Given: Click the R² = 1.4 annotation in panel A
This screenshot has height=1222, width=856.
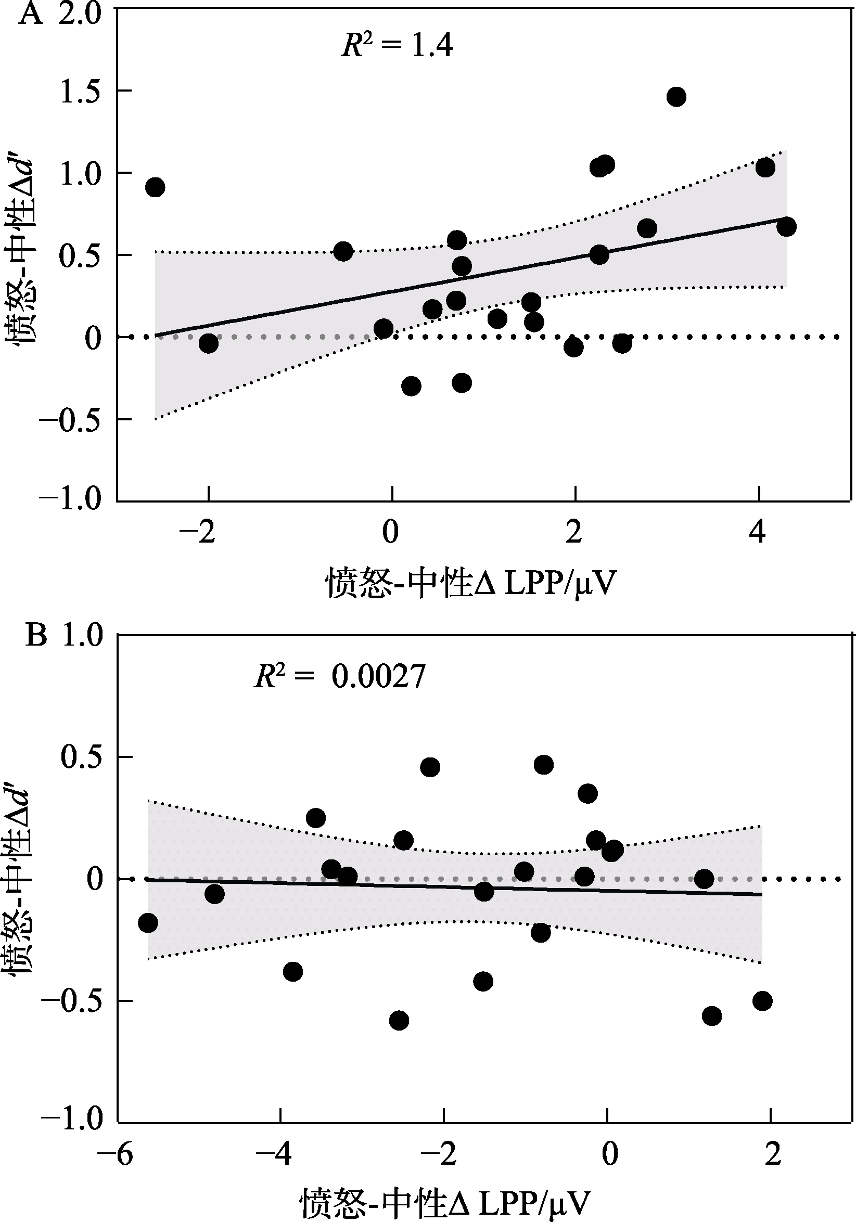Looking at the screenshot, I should pos(397,45).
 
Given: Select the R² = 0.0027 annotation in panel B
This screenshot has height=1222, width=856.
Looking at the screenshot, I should pos(340,676).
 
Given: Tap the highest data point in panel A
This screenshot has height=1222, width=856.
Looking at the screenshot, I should pos(676,97).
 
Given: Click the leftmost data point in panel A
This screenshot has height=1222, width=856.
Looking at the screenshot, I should pos(155,187).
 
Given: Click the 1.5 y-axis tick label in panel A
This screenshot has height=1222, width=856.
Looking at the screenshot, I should pos(80,92).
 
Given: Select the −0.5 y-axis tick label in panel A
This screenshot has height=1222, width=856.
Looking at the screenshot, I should pos(70,420).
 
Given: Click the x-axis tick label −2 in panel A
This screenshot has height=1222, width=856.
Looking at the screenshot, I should pos(198,532).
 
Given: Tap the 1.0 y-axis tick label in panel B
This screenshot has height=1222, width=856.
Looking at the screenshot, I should pos(83,636).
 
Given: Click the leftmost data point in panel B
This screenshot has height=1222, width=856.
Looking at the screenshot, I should pos(148,923).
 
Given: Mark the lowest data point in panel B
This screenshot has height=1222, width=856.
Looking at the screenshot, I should pos(399,1020).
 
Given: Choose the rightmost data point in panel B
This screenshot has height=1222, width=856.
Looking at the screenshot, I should pos(762,1001).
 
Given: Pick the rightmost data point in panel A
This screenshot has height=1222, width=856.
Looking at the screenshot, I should pos(786,227).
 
